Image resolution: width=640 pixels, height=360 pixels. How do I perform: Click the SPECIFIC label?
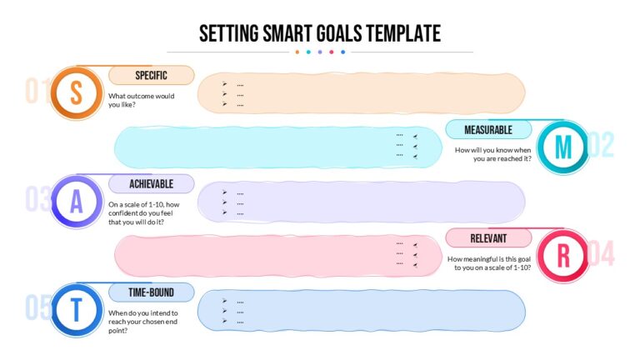[x=151, y=76]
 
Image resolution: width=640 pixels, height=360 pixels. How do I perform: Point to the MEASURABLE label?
[x=488, y=130]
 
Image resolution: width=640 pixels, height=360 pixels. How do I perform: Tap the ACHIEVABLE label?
[x=151, y=184]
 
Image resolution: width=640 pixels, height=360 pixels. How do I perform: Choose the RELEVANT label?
[x=488, y=238]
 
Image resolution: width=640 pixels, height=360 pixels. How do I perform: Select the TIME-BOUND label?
[x=151, y=292]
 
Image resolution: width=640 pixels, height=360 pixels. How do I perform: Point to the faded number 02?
[x=601, y=145]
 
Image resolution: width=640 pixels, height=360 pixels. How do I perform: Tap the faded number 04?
[x=601, y=253]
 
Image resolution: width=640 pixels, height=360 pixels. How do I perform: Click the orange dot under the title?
[x=297, y=52]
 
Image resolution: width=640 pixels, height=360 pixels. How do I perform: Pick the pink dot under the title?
[x=332, y=52]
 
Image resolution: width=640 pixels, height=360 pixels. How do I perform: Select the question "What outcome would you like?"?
[x=141, y=100]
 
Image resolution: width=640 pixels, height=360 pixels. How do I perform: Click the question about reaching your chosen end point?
[x=142, y=322]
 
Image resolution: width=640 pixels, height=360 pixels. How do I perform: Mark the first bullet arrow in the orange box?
[x=224, y=83]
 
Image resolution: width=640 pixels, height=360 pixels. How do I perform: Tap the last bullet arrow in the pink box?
[x=415, y=265]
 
